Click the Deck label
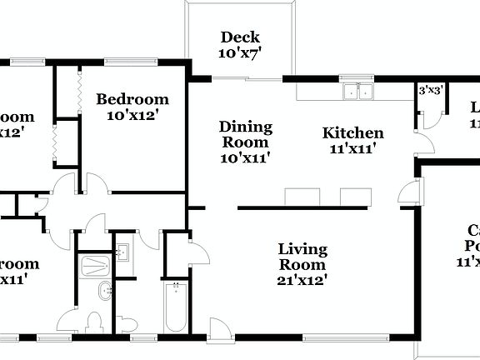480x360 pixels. pos(240,37)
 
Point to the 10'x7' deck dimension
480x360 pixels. pos(240,52)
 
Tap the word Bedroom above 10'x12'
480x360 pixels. pos(132,99)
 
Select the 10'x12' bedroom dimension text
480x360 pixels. pos(132,115)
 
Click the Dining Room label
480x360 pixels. pos(245,134)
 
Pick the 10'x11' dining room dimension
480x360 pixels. pos(245,157)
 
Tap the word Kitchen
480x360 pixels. pos(352,133)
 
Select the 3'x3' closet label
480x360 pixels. pos(429,89)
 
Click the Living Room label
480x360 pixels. pos(302,257)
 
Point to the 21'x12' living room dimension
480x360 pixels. pos(302,280)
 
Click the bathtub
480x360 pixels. pos(176,308)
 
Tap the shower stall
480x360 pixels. pos(94,265)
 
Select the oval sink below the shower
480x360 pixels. pos(106,292)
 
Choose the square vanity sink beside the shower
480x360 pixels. pos(122,252)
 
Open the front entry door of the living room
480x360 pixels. pos(218,329)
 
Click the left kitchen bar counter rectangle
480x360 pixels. pos(302,197)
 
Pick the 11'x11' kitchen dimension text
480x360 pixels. pos(352,149)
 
